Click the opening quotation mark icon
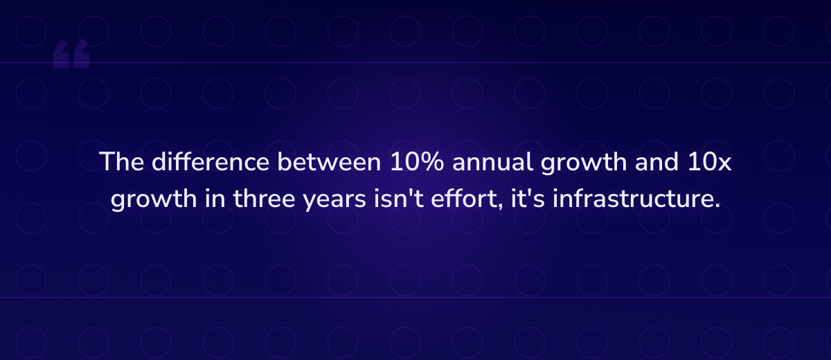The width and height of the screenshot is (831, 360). (71, 55)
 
